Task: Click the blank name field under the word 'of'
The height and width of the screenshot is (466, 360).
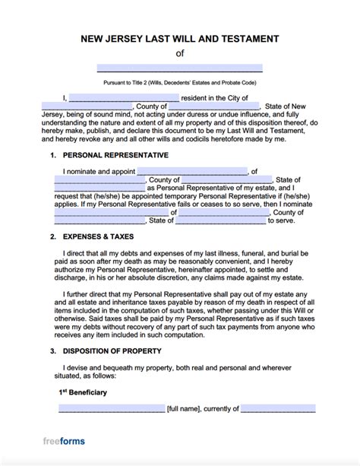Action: click(x=180, y=68)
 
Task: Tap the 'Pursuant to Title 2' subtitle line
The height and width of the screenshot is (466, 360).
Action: click(x=180, y=82)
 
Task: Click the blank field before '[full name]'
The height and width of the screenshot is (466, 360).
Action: click(x=112, y=408)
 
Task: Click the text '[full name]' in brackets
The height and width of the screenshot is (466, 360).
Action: click(x=187, y=409)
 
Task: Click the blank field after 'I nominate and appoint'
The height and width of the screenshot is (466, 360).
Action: click(x=204, y=170)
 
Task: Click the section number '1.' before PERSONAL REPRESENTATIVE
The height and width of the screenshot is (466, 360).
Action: click(x=52, y=155)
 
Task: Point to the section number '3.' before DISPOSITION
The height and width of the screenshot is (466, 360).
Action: click(x=52, y=352)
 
